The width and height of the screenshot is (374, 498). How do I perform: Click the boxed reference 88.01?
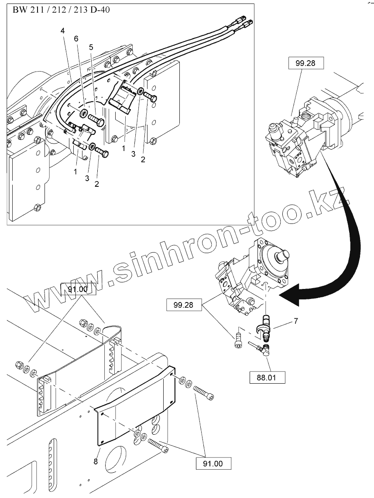click(x=268, y=377)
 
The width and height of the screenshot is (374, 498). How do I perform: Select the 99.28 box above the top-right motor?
click(x=306, y=63)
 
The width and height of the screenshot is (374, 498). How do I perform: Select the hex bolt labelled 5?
click(x=97, y=120)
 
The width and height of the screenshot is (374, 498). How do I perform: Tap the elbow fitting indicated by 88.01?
click(x=264, y=349)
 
